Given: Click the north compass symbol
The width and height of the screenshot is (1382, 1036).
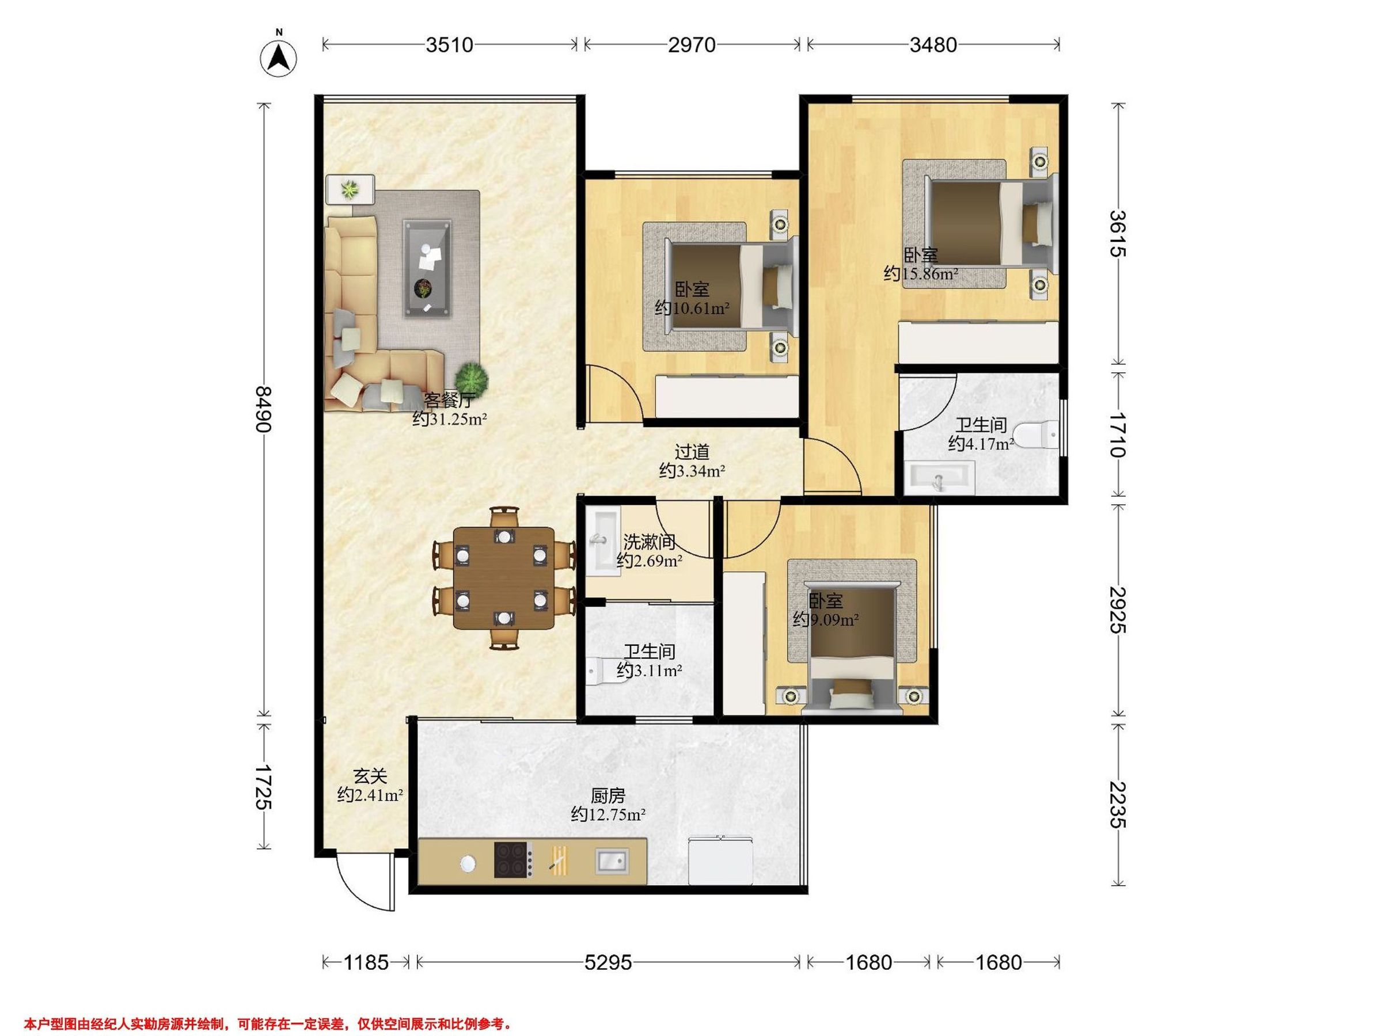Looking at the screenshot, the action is click(278, 58).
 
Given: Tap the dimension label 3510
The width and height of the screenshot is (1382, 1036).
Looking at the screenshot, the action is click(449, 45).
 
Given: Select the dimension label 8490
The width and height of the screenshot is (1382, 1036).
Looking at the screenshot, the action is click(264, 409).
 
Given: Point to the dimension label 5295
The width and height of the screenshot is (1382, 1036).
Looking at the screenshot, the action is click(608, 962).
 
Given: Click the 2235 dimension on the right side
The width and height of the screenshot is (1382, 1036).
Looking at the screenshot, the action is click(1118, 805).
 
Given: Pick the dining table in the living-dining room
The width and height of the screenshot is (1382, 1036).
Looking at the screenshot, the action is click(504, 578).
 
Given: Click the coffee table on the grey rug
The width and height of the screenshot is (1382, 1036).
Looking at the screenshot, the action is click(427, 269).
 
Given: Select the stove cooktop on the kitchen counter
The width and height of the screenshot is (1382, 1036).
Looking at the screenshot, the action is click(513, 860).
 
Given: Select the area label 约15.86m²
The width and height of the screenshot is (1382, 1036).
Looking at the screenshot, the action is click(921, 273).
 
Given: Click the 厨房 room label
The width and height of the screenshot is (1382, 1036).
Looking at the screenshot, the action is click(608, 795).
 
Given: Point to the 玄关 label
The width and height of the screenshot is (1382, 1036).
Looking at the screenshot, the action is click(370, 776).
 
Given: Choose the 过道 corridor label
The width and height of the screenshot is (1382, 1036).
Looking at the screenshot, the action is click(692, 451).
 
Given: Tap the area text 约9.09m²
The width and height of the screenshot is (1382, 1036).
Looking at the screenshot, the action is click(825, 620).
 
